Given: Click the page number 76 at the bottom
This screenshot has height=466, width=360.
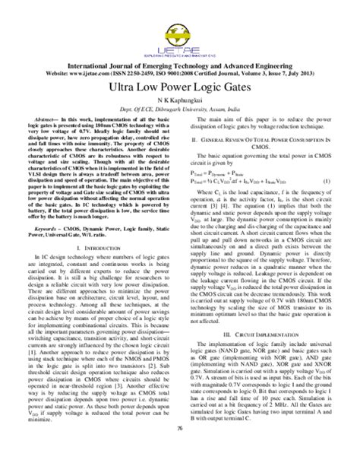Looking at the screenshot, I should pos(180,451).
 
